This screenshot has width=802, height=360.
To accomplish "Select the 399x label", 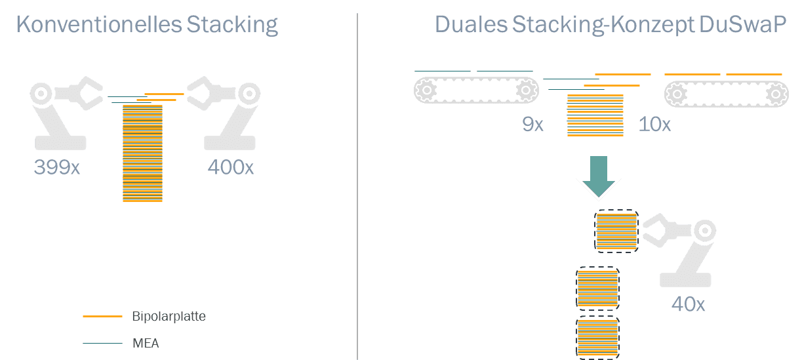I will coord(57,168).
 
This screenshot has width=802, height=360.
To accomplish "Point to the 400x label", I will coord(230,168).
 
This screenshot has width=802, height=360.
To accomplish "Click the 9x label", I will coord(532,125).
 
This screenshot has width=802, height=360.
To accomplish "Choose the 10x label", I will coord(654,125).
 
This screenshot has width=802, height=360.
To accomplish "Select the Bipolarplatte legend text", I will coord(169,317).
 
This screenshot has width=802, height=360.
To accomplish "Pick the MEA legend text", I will coord(146,343).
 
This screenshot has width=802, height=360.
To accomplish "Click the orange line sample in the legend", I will coord(102,317).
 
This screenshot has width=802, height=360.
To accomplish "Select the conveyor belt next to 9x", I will coord(476,90).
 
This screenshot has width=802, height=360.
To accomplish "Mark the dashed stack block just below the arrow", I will coord(616,231).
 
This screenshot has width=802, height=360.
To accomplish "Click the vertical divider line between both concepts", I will coord(357,184).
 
